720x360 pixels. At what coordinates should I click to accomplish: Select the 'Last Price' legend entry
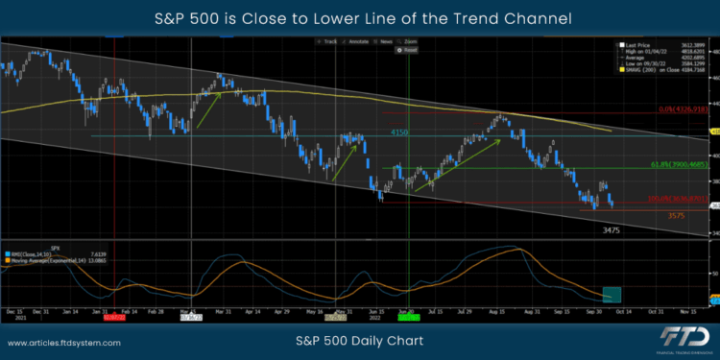point(637,45)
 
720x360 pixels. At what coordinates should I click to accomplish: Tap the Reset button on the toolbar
point(410,50)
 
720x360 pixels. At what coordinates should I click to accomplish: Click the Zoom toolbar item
point(411,42)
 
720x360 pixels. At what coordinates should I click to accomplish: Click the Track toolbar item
point(330,42)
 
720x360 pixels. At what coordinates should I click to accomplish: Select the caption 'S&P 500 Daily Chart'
point(360,340)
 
